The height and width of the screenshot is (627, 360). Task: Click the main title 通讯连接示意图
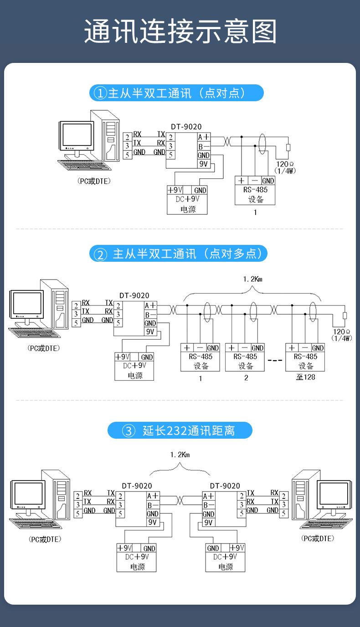(180, 31)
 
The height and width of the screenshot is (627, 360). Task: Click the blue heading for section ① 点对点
(176, 93)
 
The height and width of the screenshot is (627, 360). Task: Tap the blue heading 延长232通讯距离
(180, 430)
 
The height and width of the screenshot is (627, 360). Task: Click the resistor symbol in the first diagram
(288, 147)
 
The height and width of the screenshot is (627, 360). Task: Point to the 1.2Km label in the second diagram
(252, 279)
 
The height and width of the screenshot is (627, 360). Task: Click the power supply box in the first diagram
(187, 200)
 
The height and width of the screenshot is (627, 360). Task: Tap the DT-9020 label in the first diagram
(186, 127)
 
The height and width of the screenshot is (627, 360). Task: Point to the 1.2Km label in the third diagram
(180, 455)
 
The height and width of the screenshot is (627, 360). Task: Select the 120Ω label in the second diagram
(342, 332)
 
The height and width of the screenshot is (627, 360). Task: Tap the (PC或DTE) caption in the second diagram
(44, 348)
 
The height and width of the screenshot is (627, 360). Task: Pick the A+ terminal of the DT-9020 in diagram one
(204, 137)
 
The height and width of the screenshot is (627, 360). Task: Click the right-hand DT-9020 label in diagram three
(225, 486)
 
